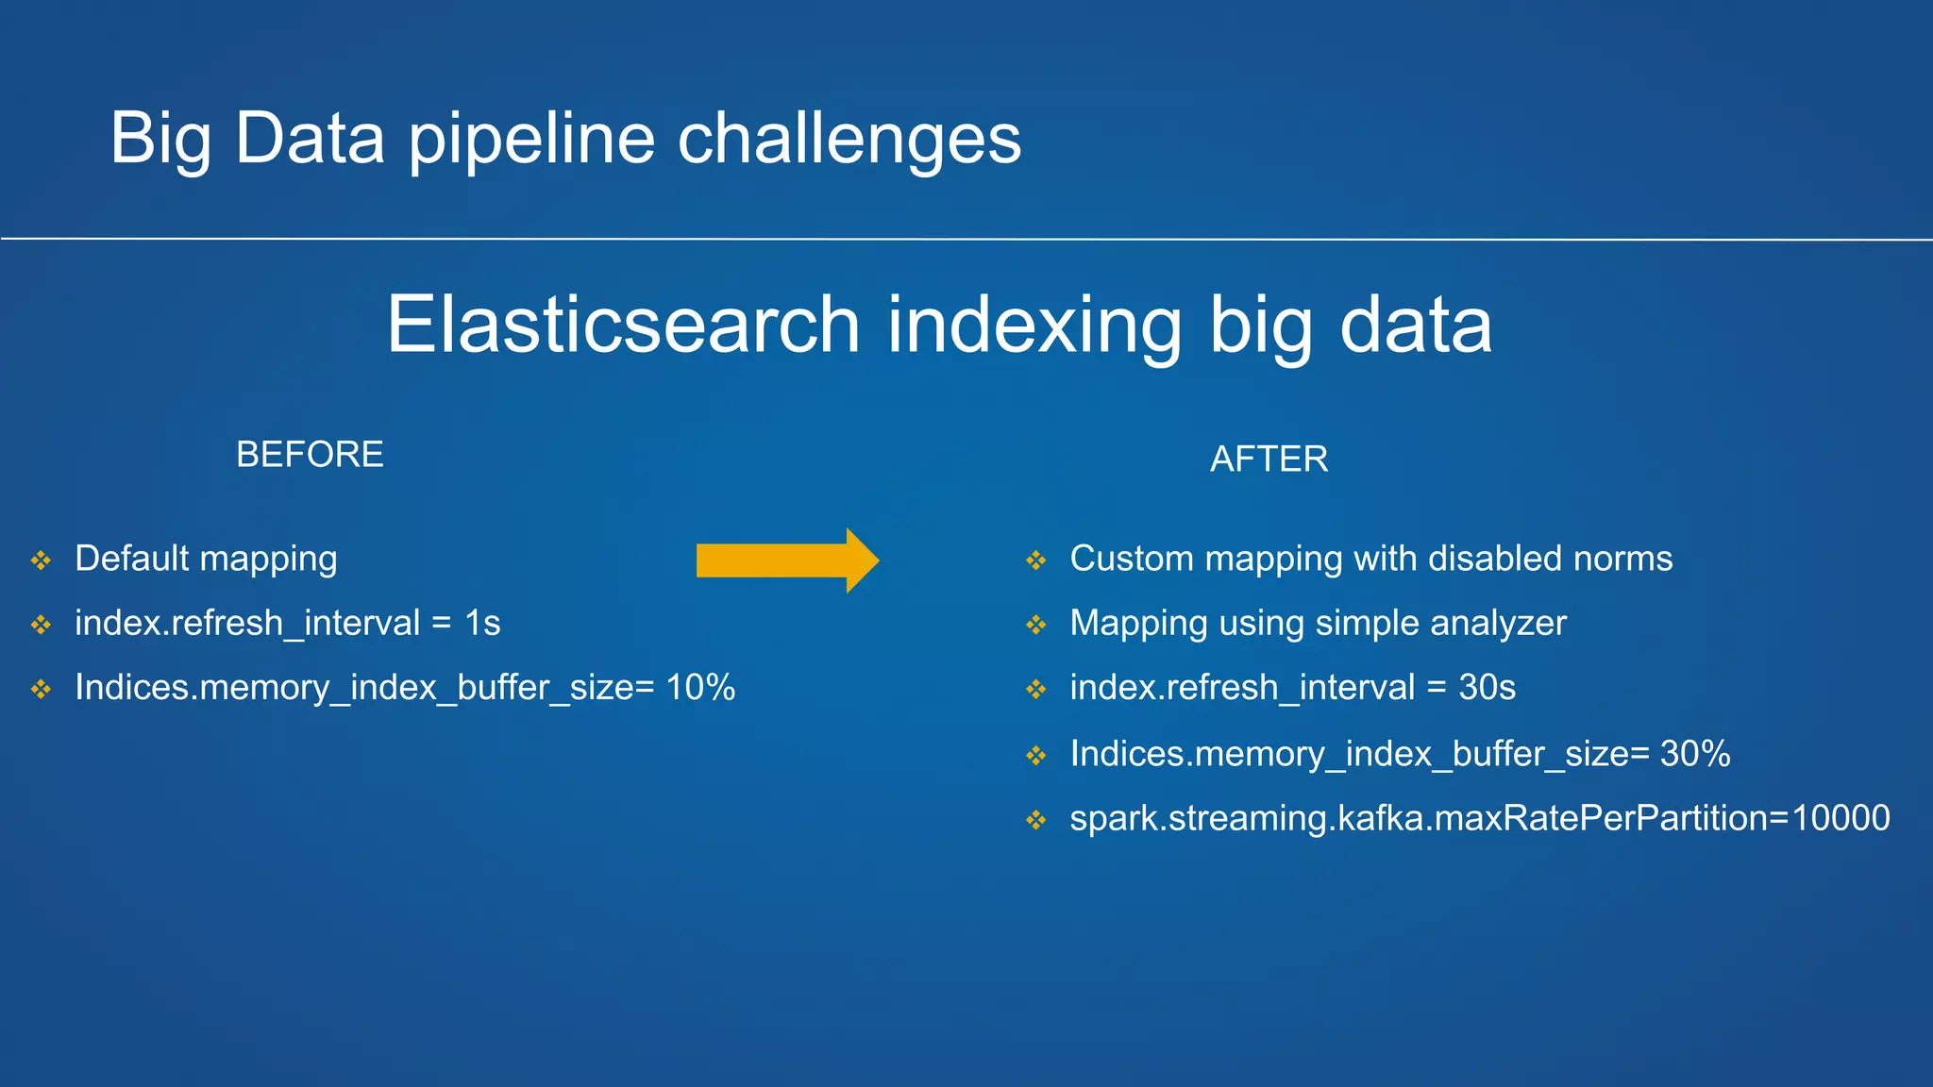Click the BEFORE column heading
coord(310,455)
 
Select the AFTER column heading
coord(1269,460)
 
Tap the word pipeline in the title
coord(530,140)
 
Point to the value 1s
coord(482,624)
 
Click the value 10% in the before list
coord(700,688)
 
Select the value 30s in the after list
coord(1487,688)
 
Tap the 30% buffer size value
coord(1695,754)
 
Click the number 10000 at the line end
coord(1841,818)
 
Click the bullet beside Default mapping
coord(41,560)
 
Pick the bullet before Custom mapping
coord(1036,560)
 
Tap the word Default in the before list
coord(132,559)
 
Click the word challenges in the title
coord(849,140)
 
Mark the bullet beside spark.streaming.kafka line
coord(1036,820)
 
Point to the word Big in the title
coord(160,140)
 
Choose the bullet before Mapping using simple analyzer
coord(1036,625)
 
